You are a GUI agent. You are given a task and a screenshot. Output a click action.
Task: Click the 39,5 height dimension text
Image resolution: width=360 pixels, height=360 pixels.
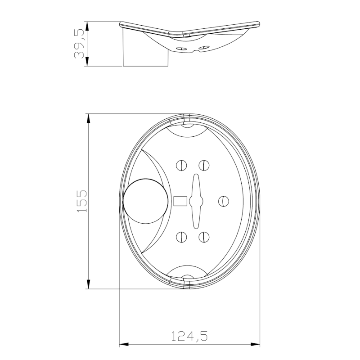[x=80, y=44]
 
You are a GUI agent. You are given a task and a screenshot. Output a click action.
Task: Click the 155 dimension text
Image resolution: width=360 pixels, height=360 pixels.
[x=81, y=201]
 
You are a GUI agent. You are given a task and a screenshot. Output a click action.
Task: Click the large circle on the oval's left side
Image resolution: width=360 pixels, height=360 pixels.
[x=143, y=201]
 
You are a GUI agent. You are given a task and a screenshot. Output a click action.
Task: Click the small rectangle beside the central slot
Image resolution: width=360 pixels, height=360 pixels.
[x=180, y=201]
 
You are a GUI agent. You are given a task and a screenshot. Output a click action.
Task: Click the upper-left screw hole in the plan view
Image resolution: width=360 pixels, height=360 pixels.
[x=182, y=165]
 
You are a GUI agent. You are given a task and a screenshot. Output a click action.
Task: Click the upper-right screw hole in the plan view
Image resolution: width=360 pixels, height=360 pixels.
[x=204, y=165]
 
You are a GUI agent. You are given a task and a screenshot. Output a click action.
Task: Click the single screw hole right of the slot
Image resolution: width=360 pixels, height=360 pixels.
[x=224, y=201]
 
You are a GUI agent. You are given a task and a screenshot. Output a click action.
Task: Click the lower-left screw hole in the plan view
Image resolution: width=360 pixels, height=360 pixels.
[x=182, y=236]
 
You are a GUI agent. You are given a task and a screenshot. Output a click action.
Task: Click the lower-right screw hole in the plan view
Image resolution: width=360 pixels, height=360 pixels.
[x=204, y=236]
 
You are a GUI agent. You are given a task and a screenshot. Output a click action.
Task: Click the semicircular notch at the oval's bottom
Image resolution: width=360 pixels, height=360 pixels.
[x=187, y=272]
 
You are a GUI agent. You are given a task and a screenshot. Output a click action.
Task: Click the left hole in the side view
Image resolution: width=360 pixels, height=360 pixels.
[x=182, y=48]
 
